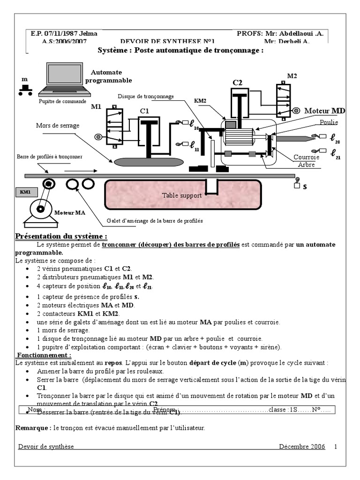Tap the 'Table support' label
(x=182, y=195)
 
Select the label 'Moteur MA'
(x=70, y=213)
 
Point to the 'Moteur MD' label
(x=324, y=111)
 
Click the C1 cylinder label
(x=144, y=111)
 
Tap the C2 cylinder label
(x=238, y=83)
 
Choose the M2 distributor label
(x=292, y=76)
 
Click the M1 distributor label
(x=96, y=107)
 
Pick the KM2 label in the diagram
(x=200, y=101)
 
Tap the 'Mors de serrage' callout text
(x=58, y=126)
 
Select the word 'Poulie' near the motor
(x=329, y=122)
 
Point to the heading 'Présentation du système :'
(x=61, y=236)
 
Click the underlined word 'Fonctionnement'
(x=44, y=355)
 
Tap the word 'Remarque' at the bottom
(x=32, y=428)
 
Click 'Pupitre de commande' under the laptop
(x=62, y=101)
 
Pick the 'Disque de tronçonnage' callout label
(x=146, y=97)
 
